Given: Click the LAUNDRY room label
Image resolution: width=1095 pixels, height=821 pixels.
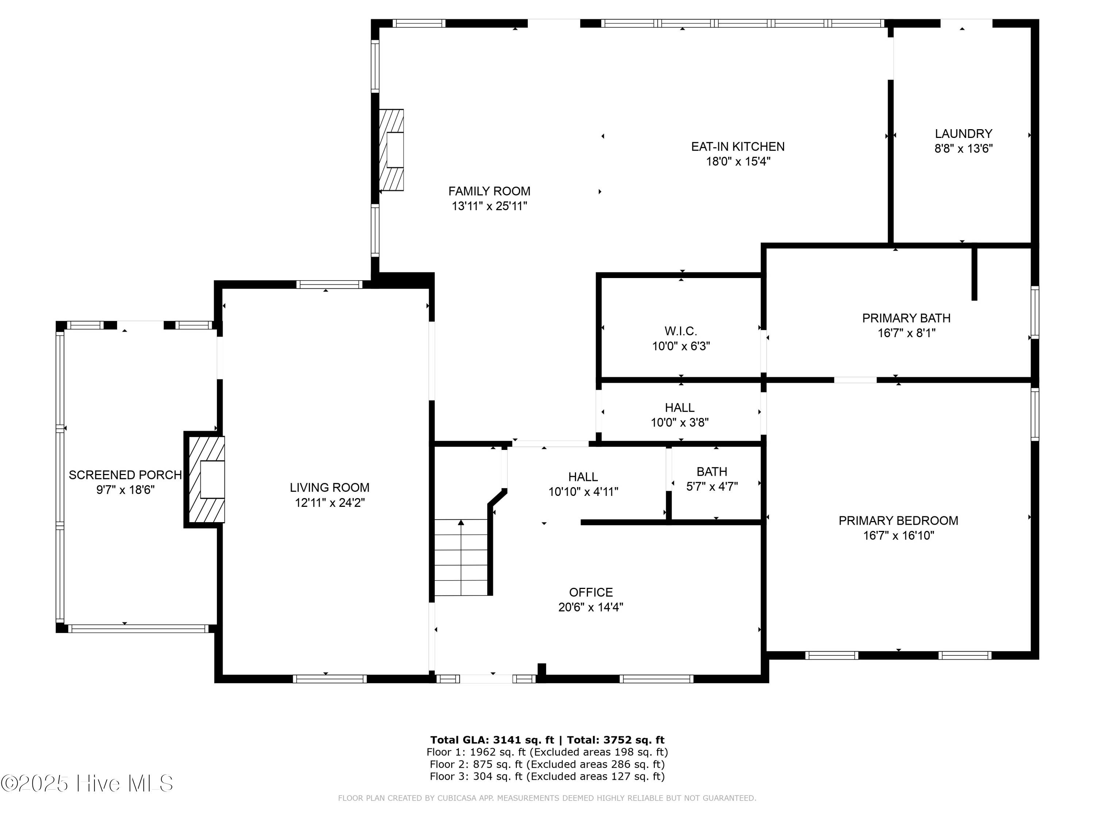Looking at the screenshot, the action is (x=963, y=134).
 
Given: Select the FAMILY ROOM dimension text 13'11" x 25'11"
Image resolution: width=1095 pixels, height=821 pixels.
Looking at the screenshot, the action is (x=489, y=206).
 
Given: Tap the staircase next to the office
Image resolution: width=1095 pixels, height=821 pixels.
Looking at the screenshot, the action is (x=461, y=557).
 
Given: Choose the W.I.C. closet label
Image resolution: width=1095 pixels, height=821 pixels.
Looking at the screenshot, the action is (x=681, y=331).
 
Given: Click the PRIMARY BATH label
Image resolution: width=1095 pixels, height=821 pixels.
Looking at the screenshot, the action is (x=906, y=318).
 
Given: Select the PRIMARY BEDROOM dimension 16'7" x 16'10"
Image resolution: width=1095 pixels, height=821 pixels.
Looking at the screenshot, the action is (x=899, y=535).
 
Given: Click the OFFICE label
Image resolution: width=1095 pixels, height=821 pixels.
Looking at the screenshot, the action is (x=591, y=592).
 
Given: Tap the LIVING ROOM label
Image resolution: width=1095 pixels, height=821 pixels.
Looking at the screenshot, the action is (x=330, y=487).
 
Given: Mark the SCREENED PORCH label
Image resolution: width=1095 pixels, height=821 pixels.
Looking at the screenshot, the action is (x=125, y=475).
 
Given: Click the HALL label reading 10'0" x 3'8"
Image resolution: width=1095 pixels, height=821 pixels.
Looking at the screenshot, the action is (x=680, y=415).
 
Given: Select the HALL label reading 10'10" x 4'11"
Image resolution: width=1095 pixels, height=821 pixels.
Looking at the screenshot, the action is (x=583, y=484).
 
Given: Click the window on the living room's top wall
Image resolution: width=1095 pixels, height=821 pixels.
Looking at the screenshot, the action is (x=329, y=285).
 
